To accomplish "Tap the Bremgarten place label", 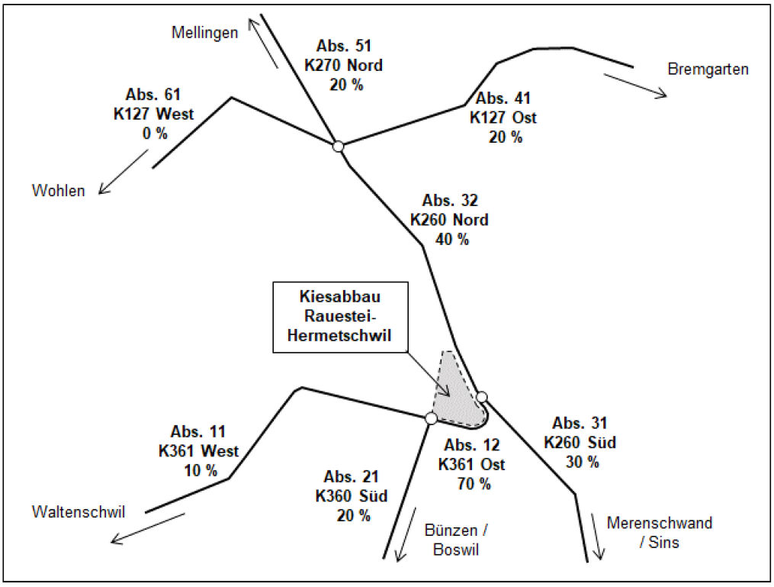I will point(708,69).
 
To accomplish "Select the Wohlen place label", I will point(58,191).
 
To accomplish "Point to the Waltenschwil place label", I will point(79,511).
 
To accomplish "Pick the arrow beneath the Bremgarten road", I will point(634,85).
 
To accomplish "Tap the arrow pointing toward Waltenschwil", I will point(148,527).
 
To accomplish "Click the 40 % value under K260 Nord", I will point(450,239).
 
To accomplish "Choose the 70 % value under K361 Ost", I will point(471,484).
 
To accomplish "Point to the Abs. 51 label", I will point(342,47).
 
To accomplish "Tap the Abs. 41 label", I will point(503,98).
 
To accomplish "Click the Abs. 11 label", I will point(199,432).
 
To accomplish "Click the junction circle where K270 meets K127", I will point(339,146).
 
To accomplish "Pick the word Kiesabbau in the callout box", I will point(339,296).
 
